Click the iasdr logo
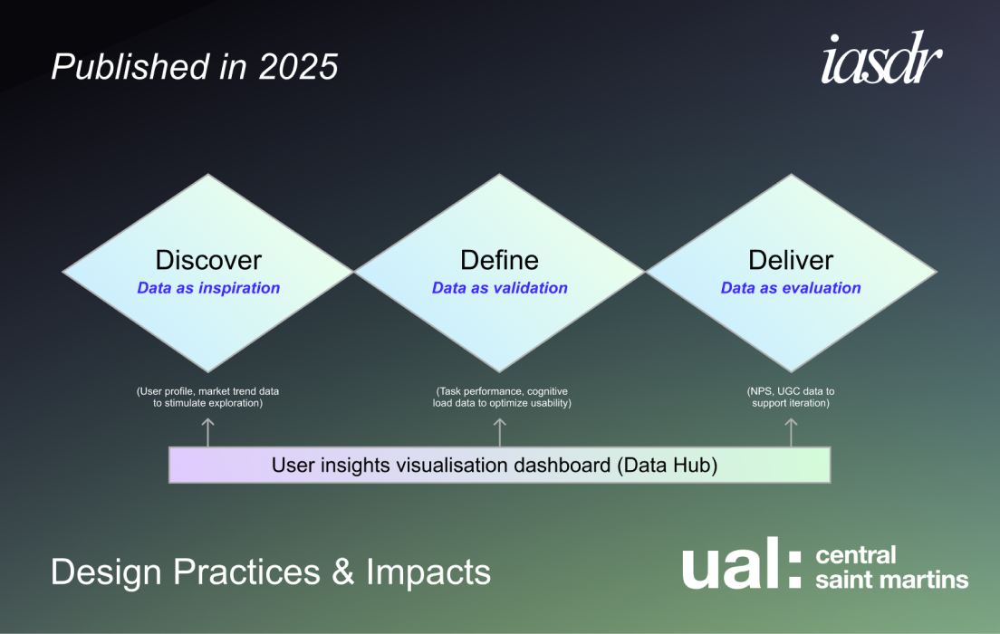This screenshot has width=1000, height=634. pos(881,62)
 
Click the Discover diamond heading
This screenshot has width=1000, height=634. pos(208,260)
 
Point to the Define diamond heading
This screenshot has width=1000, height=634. pos(499,260)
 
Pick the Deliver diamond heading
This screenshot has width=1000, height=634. pos(791,260)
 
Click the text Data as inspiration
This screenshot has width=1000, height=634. pos(208,288)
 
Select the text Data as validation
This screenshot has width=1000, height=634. pos(499,288)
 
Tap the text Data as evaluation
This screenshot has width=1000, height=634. pos(791,288)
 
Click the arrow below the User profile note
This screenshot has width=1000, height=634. pos(208,431)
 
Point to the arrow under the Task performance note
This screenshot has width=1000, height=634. pos(500,431)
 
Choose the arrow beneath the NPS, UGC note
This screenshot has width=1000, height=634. pos(792,431)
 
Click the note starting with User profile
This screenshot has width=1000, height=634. pos(208,397)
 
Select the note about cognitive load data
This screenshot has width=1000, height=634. pos(501,397)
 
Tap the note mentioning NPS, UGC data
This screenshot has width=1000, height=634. pos(791,397)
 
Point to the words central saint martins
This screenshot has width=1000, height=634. pos(891,567)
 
